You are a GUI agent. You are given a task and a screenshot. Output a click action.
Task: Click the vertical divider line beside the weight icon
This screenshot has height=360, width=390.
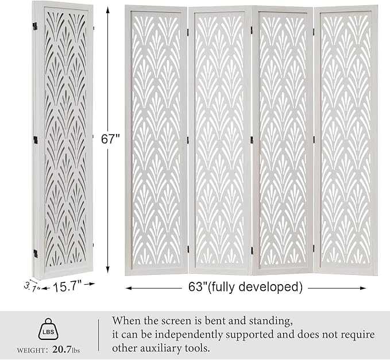tap(99, 335)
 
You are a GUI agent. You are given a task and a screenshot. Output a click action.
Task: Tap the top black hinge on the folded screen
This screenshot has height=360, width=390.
tap(34, 26)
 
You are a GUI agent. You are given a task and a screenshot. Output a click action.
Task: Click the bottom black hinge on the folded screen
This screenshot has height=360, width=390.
tap(35, 252)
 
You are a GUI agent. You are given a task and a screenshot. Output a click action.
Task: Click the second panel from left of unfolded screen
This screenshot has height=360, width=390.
tap(219, 137)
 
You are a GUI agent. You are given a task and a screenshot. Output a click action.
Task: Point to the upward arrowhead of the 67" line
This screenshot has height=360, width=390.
tap(109, 8)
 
